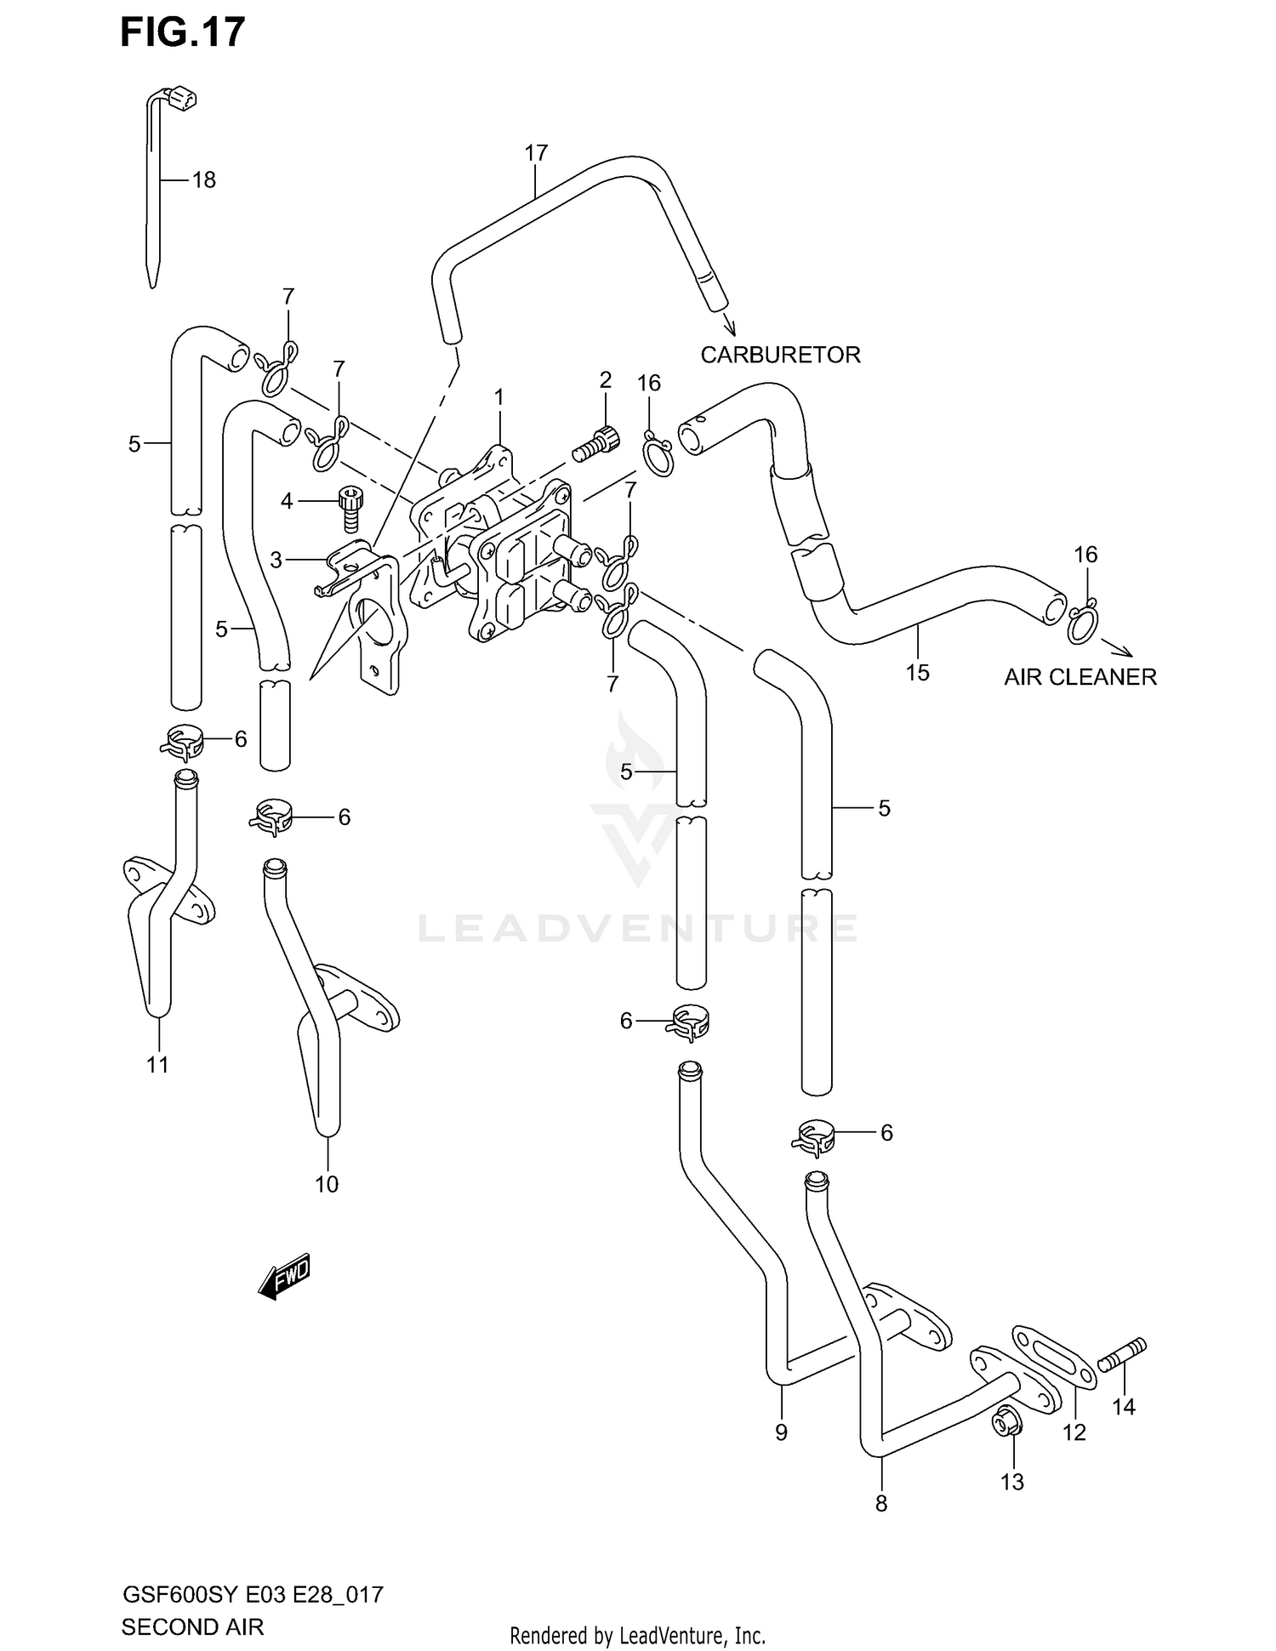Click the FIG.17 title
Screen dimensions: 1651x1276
click(x=182, y=32)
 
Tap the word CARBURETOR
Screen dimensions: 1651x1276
click(x=780, y=355)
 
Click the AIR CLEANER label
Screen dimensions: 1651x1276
click(x=1079, y=677)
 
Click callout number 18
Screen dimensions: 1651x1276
click(x=204, y=180)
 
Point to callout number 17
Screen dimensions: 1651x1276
click(x=536, y=153)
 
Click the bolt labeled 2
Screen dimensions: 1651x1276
click(x=594, y=444)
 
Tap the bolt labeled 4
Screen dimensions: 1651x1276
click(x=349, y=508)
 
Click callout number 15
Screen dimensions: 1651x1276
click(x=917, y=673)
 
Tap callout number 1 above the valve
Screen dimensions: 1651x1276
click(x=499, y=397)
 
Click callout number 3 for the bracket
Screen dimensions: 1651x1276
click(x=276, y=560)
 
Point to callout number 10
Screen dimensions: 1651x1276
click(x=327, y=1184)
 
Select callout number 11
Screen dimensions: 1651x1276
click(x=157, y=1064)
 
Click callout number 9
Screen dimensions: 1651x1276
click(x=781, y=1432)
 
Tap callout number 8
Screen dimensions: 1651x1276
click(x=881, y=1504)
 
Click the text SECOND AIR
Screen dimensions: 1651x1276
click(x=192, y=1626)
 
